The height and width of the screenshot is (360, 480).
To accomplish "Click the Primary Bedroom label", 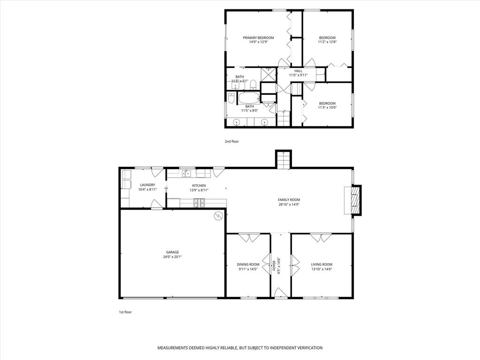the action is [x=258, y=37].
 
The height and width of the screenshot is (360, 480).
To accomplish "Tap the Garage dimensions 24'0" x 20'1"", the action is [x=172, y=257].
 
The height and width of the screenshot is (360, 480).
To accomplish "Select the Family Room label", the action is [x=289, y=200].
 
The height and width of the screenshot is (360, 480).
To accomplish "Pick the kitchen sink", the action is [x=187, y=173].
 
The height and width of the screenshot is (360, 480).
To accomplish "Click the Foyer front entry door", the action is [x=280, y=292].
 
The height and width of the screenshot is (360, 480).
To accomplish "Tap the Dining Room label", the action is [x=248, y=264].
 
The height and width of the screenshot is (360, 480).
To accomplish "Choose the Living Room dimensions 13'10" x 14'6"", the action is [x=322, y=270].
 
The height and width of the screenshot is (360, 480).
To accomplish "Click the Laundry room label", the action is [x=148, y=185].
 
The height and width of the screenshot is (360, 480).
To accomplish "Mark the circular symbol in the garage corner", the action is [x=218, y=216].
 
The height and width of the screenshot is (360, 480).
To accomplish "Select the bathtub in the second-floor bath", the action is [x=249, y=98].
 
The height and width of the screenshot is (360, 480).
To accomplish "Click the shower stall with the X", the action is [x=269, y=75].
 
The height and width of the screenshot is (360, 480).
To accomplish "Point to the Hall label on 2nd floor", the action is [x=298, y=71].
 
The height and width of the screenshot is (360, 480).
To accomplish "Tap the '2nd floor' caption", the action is [x=232, y=142].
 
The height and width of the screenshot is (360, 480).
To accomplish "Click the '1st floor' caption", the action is [x=125, y=312].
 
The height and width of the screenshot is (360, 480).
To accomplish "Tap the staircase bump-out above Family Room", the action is [x=284, y=159].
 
